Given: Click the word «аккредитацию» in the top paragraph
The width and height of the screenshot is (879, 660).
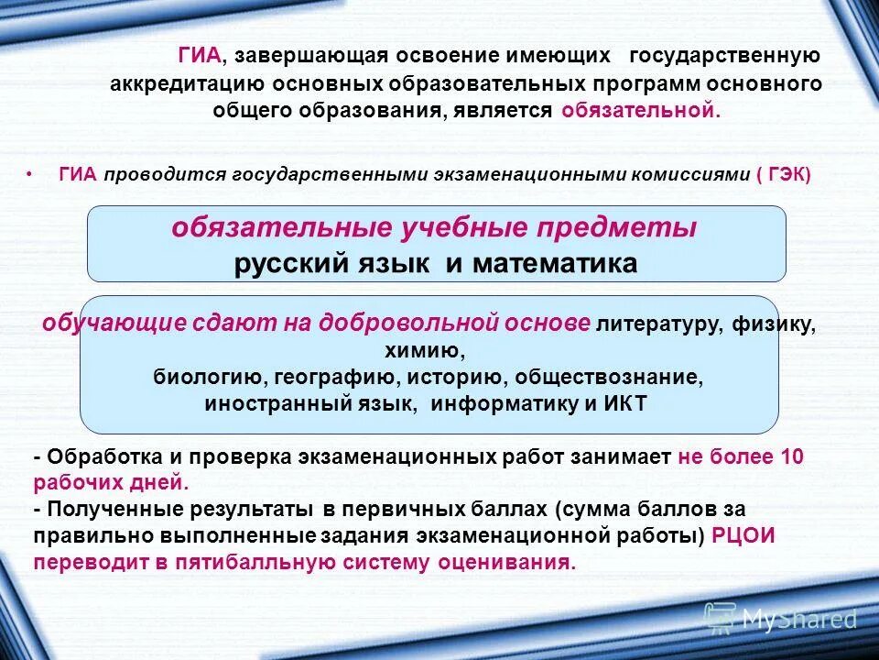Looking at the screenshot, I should coord(186,84).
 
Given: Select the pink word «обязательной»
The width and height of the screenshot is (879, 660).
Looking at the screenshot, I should coord(640,111).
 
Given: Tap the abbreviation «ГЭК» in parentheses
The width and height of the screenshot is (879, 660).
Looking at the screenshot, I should coord(788,174).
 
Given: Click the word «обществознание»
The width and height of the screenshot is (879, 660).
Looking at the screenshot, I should coord(608,377).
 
